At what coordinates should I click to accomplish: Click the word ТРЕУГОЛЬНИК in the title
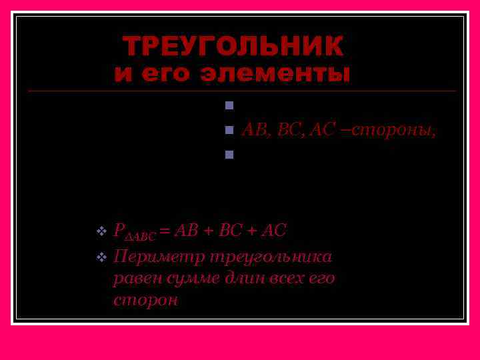pos(233,47)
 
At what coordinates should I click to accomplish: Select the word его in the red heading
pos(172,73)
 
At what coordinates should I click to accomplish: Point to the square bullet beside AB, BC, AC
pos(229,129)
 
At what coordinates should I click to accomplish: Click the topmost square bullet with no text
pos(229,105)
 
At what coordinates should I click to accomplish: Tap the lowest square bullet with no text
pos(229,155)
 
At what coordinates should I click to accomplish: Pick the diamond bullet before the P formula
pos(101,231)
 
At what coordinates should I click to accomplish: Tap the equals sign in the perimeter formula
pos(164,231)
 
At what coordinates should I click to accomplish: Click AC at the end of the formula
pos(275,231)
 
